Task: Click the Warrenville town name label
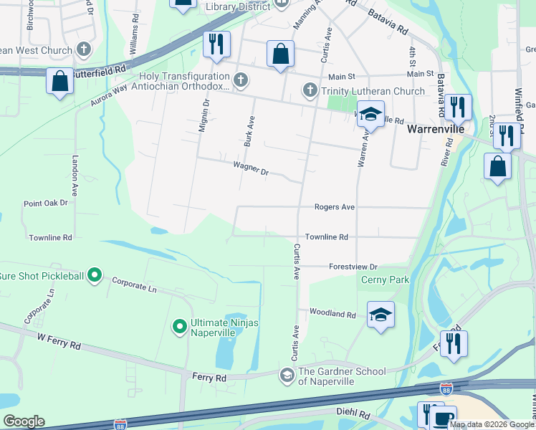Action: pyautogui.click(x=436, y=131)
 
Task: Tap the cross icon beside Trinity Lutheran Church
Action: pyautogui.click(x=310, y=90)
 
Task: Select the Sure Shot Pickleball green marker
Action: pyautogui.click(x=95, y=275)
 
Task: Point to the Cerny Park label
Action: pyautogui.click(x=385, y=279)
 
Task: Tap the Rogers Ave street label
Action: pyautogui.click(x=335, y=207)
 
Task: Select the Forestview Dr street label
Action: pyautogui.click(x=353, y=266)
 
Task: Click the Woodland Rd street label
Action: pyautogui.click(x=332, y=314)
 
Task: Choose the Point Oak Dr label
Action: pyautogui.click(x=45, y=204)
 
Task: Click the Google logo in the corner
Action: pyautogui.click(x=24, y=421)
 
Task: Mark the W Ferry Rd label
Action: pyautogui.click(x=59, y=343)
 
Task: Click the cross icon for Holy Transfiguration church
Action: pyautogui.click(x=241, y=79)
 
